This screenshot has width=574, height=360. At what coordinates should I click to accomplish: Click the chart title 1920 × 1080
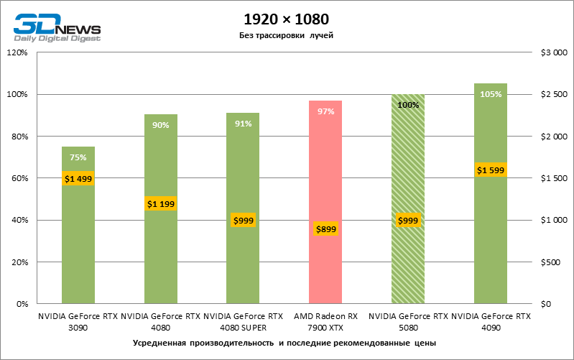(287, 18)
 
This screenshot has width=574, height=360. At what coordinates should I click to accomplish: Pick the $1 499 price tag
(78, 179)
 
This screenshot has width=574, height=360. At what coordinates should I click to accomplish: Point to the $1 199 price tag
(161, 204)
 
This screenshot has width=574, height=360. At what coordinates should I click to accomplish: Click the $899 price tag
(325, 229)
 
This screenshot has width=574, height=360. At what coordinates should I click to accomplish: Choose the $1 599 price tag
(491, 170)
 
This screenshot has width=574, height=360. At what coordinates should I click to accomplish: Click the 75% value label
(78, 157)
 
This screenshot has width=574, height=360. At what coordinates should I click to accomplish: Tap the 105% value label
(491, 94)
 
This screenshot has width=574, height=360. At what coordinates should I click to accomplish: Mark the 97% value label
(325, 111)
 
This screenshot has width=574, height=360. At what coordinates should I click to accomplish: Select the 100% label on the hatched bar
(408, 105)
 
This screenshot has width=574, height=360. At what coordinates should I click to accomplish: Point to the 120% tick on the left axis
(17, 52)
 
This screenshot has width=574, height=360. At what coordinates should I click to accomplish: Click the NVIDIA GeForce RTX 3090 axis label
(78, 321)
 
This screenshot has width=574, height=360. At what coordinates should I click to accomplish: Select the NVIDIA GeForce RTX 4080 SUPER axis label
(243, 321)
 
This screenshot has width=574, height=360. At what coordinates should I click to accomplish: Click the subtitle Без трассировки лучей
(287, 35)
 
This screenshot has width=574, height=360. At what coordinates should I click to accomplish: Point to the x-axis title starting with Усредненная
(285, 343)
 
